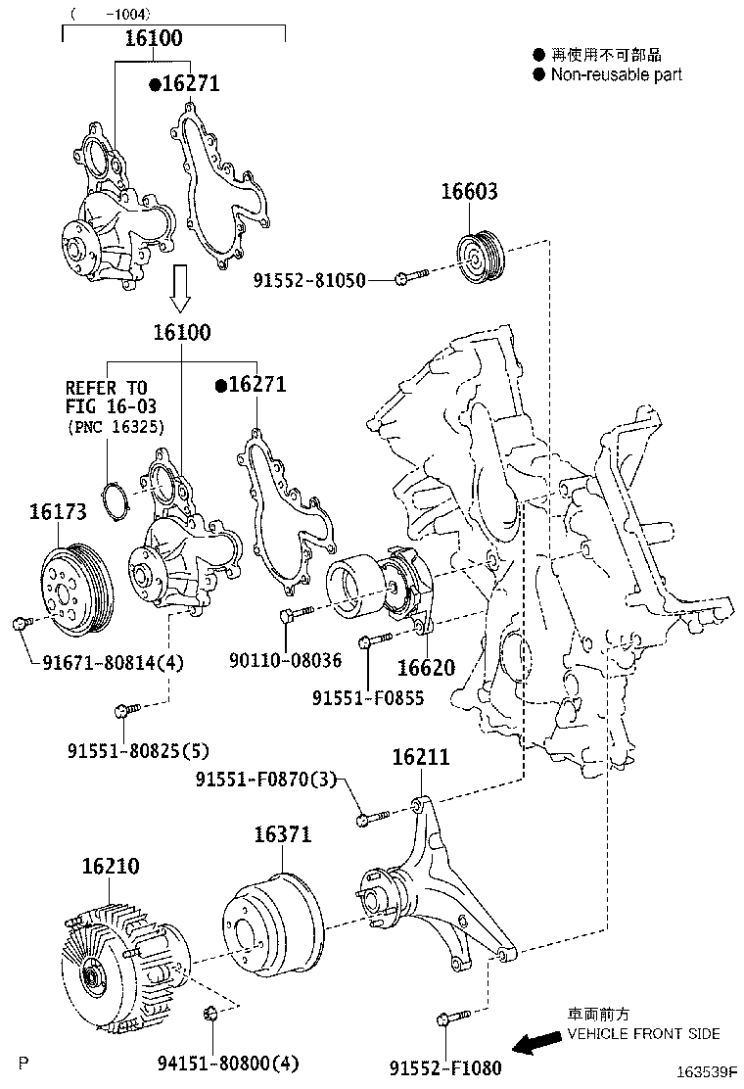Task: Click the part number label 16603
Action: (468, 192)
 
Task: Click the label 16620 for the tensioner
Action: (426, 668)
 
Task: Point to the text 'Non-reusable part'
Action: (616, 74)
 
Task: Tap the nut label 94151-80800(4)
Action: (228, 1062)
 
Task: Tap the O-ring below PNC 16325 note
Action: (116, 500)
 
